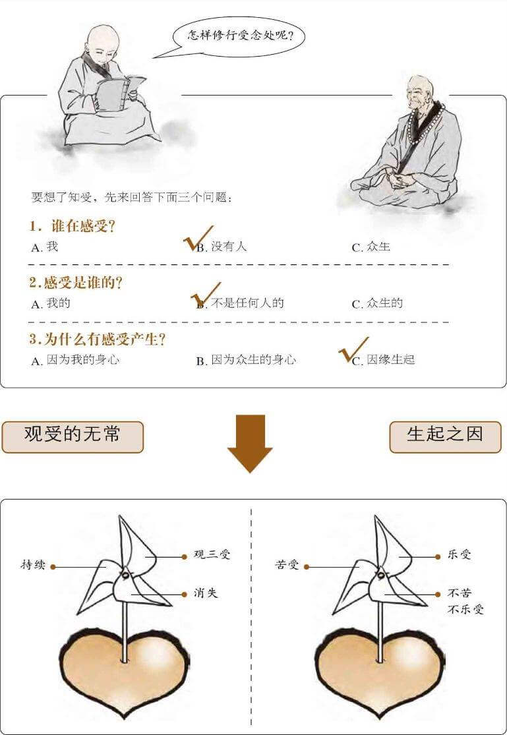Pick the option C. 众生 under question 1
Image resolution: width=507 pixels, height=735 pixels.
tap(371, 247)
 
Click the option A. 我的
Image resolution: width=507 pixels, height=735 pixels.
tap(51, 304)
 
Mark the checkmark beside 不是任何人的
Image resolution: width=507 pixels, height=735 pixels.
tap(205, 295)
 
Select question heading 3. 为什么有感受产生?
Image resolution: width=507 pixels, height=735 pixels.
tap(97, 339)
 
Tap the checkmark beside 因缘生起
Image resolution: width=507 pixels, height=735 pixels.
tap(353, 350)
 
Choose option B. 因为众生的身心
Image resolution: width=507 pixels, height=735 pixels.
tap(246, 361)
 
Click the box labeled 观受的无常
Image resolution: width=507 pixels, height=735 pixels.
tap(73, 436)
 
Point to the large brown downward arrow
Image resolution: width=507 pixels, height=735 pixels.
tap(250, 443)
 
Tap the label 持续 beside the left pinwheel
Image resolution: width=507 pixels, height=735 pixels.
tap(33, 565)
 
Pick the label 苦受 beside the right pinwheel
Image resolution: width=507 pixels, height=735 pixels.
tap(287, 565)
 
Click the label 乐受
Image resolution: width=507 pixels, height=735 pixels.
tap(460, 555)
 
